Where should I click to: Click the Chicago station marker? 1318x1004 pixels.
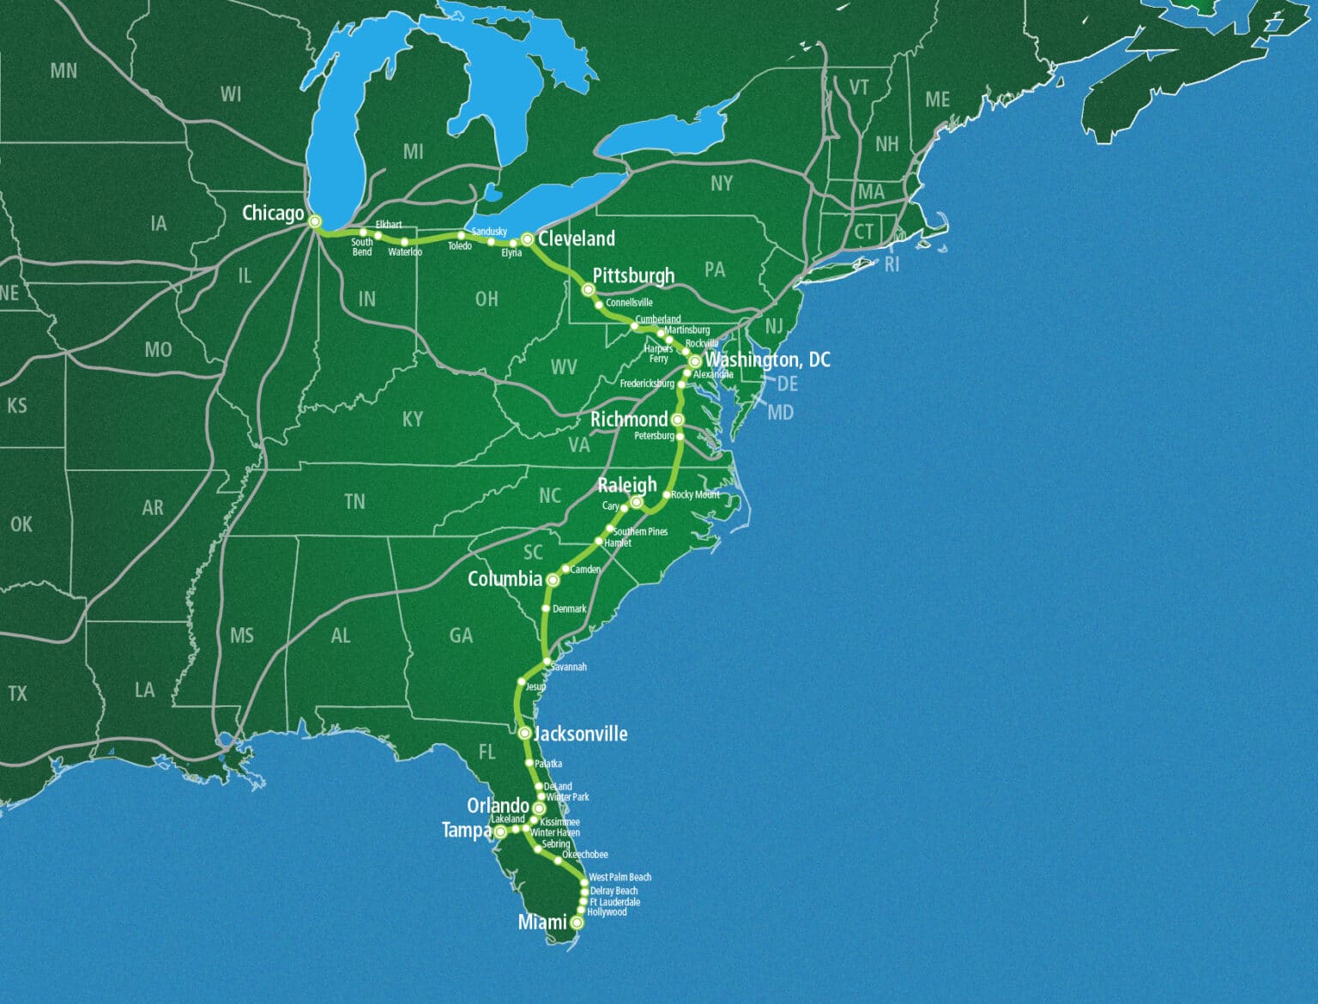click(x=315, y=221)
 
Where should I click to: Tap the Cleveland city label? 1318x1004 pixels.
click(x=577, y=239)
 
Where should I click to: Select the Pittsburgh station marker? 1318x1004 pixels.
click(x=589, y=290)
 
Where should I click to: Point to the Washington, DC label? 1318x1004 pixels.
click(x=767, y=360)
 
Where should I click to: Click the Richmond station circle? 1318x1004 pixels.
click(x=677, y=420)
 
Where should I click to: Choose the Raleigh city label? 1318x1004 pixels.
click(x=627, y=485)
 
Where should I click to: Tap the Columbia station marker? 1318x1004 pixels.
click(x=553, y=580)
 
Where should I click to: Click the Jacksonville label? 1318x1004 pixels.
click(x=581, y=734)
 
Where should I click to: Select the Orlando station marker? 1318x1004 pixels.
click(x=539, y=808)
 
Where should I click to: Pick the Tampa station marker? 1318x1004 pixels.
click(x=500, y=832)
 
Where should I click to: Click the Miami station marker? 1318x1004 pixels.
click(x=577, y=922)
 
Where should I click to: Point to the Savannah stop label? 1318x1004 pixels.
click(x=569, y=667)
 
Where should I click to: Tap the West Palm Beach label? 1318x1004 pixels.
click(x=620, y=877)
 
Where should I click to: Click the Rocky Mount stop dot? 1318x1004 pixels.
click(x=667, y=495)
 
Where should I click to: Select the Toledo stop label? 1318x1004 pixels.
click(x=459, y=246)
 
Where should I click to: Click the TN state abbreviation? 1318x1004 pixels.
click(x=354, y=502)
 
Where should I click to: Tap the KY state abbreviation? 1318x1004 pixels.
click(x=413, y=419)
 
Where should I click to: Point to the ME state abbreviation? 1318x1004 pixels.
click(x=937, y=100)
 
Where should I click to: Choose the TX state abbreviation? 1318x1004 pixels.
click(x=17, y=693)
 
